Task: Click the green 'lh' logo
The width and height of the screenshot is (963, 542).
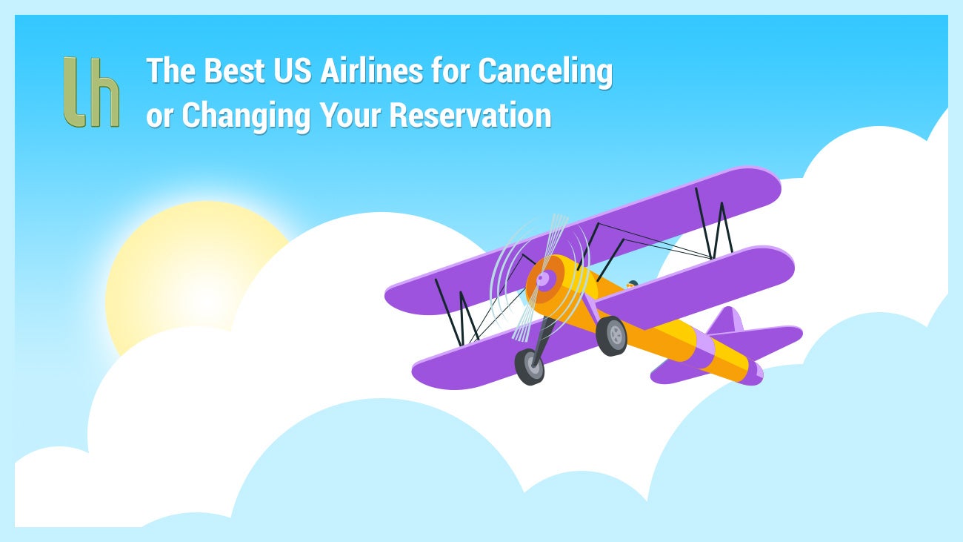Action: click(x=91, y=92)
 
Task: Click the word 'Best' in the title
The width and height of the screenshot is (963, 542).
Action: click(x=234, y=70)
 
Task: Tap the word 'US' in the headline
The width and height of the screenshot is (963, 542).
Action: click(x=293, y=70)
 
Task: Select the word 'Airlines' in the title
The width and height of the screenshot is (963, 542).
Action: click(x=371, y=70)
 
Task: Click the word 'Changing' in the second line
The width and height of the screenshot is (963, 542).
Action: click(x=246, y=117)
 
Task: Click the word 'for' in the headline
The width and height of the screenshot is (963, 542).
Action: click(x=450, y=70)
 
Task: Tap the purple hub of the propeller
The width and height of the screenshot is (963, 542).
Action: click(x=544, y=279)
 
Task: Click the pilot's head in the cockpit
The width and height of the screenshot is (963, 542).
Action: click(x=632, y=284)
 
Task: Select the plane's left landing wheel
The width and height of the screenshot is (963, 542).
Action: click(x=530, y=366)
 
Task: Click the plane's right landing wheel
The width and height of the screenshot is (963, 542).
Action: click(x=611, y=336)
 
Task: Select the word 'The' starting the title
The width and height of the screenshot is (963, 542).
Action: click(x=170, y=70)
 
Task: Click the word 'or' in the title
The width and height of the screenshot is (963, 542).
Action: click(x=159, y=118)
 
